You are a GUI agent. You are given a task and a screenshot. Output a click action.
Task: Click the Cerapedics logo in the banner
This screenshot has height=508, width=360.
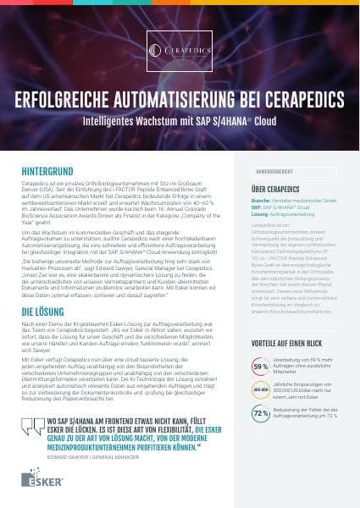click(x=180, y=51)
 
